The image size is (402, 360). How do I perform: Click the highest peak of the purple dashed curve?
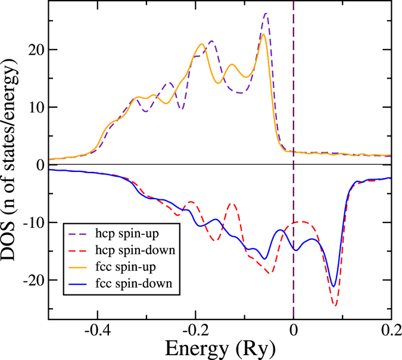tap(266, 13)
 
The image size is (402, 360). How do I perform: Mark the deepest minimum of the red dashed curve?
tap(335, 306)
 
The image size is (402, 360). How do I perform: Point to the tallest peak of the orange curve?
tap(263, 34)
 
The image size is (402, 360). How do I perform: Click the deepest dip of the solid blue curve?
tap(334, 286)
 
